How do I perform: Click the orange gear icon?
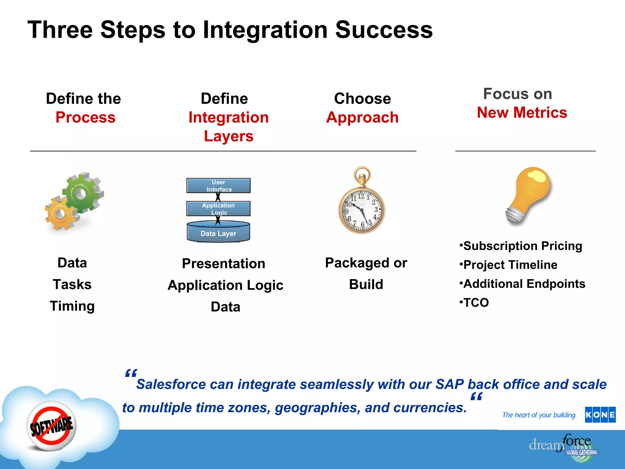point(60,213)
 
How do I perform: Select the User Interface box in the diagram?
point(219,186)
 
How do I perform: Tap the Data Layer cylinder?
point(219,233)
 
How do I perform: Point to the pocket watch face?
point(362,211)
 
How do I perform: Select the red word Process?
point(85,117)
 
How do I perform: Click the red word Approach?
point(362,117)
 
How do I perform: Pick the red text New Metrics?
point(522,112)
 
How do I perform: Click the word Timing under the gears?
point(72,306)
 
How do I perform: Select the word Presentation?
point(223,264)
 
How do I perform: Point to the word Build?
point(366,284)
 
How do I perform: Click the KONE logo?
point(600,415)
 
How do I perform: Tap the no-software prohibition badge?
point(51,426)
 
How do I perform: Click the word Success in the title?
point(384,30)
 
